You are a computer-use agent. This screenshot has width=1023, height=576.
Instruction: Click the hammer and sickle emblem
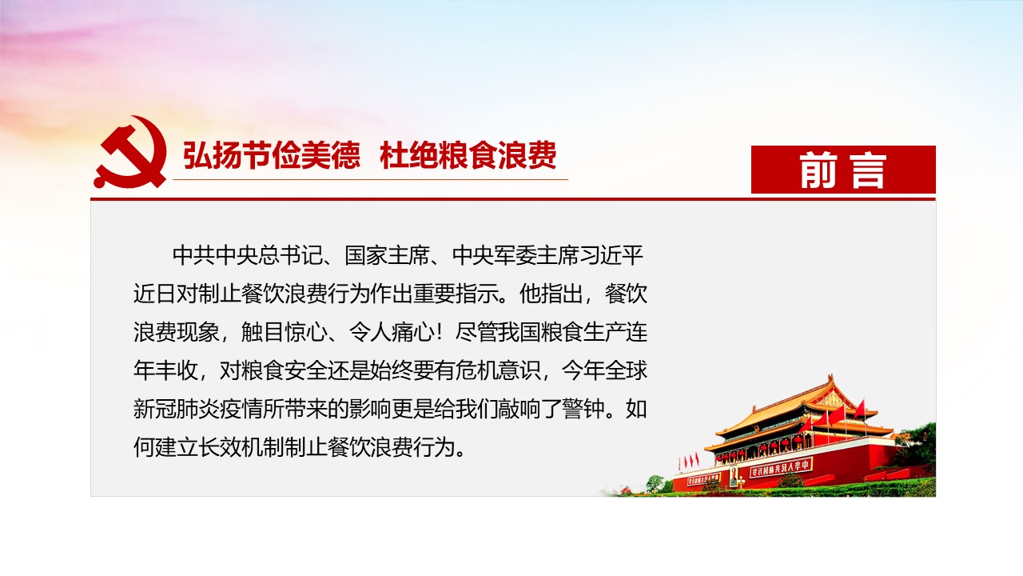[130, 152]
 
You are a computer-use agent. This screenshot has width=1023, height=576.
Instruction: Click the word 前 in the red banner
[818, 170]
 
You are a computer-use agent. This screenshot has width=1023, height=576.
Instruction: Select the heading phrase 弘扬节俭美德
[272, 155]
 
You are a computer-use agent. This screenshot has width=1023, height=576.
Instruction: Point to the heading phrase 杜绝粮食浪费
[468, 155]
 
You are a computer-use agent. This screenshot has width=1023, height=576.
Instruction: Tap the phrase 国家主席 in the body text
[388, 255]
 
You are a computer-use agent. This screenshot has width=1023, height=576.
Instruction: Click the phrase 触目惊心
[284, 332]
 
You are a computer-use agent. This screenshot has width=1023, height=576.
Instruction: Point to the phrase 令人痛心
[392, 332]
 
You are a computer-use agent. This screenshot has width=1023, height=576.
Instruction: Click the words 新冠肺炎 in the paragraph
[177, 409]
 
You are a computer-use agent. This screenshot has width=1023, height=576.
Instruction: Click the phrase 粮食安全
[284, 370]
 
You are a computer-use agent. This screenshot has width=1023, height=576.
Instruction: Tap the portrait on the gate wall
[734, 476]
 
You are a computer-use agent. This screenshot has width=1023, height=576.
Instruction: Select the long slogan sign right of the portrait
[780, 467]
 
